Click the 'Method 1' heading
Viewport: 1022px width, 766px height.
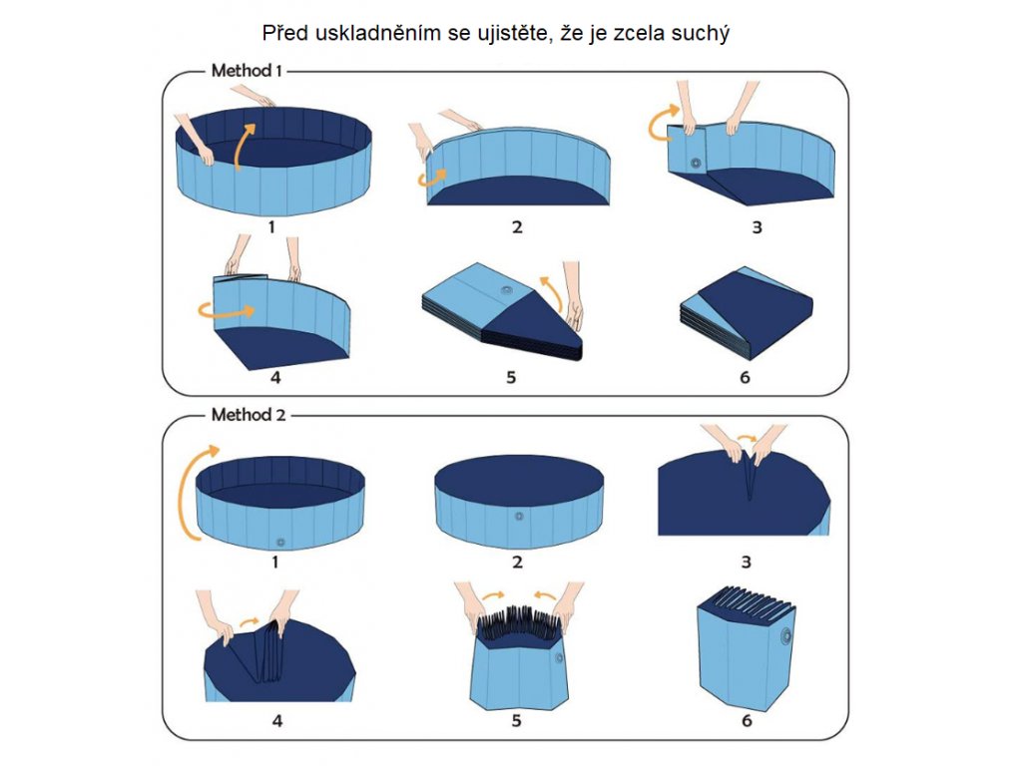tap(247, 71)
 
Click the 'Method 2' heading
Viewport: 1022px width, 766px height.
tap(249, 414)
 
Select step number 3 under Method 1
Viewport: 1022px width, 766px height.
tap(757, 227)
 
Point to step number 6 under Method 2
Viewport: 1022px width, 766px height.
tap(747, 720)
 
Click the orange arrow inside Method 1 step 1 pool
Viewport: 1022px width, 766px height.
tap(245, 144)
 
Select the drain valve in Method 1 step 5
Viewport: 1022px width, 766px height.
tap(507, 290)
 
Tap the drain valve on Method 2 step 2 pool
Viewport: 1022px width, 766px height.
tap(519, 517)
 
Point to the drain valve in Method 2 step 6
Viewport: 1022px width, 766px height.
tap(786, 635)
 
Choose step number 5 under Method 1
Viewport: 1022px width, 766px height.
tap(511, 377)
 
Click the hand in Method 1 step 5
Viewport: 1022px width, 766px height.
tap(571, 296)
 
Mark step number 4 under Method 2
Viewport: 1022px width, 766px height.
tap(277, 720)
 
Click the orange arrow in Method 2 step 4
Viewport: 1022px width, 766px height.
tap(249, 623)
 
